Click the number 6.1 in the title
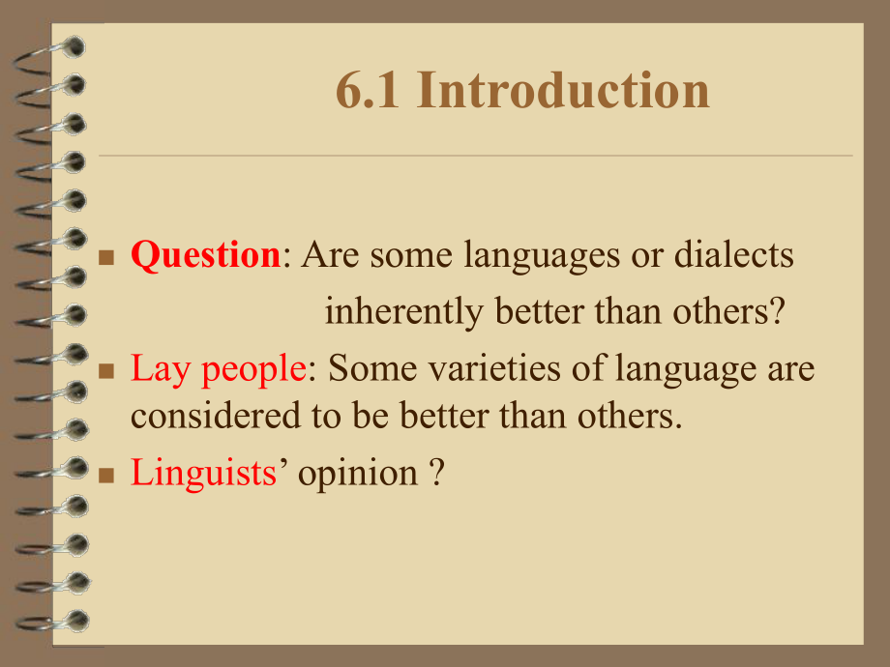[x=371, y=91]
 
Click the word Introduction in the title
[x=566, y=91]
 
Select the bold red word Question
[x=205, y=255]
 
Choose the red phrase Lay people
[x=211, y=368]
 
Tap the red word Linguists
[x=203, y=473]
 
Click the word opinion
[x=357, y=473]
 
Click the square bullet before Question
[x=108, y=258]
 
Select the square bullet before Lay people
[x=108, y=371]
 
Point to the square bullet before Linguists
[x=108, y=476]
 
